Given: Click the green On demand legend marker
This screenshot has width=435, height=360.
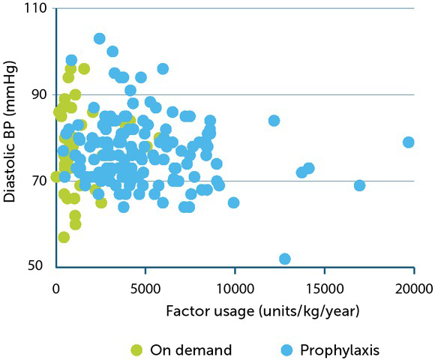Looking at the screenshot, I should [137, 349].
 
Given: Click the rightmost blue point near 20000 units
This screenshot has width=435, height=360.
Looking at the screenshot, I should [409, 142].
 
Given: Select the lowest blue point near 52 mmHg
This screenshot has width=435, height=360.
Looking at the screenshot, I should [284, 259].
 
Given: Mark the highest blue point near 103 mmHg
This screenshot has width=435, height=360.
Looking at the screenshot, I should [99, 38].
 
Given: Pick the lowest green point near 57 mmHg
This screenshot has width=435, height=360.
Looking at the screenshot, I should [64, 237].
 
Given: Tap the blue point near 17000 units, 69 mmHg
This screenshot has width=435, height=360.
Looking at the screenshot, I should [359, 185].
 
